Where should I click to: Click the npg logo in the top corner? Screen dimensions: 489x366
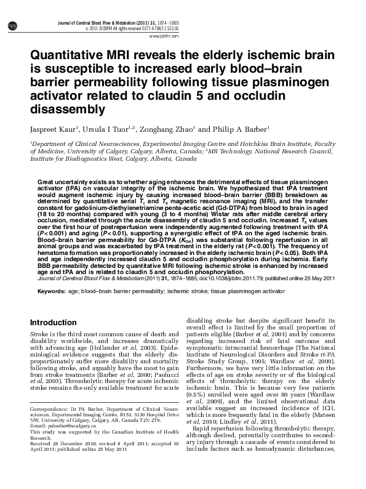(x=12, y=25)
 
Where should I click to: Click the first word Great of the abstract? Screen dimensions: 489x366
(x=47, y=183)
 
